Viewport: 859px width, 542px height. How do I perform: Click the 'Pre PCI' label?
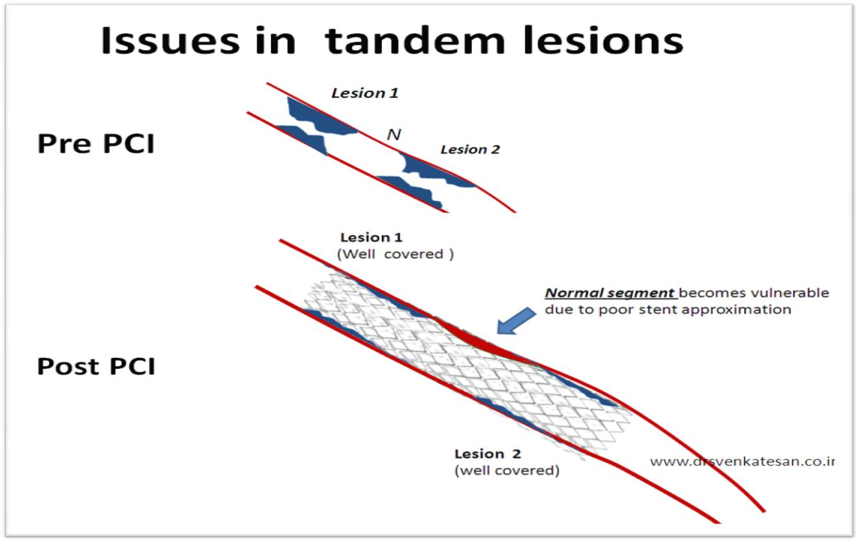(x=96, y=144)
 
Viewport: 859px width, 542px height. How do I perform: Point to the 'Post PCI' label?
(x=96, y=366)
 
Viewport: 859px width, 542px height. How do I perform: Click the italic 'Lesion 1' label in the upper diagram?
(x=364, y=93)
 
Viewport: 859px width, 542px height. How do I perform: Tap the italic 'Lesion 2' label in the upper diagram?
(x=470, y=150)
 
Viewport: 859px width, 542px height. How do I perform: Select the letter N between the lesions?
(x=393, y=135)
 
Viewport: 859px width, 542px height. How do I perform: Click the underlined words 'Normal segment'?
(x=609, y=293)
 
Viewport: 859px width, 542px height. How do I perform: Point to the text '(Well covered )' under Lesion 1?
(x=395, y=254)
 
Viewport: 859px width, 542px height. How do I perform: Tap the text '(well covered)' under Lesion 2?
(x=506, y=471)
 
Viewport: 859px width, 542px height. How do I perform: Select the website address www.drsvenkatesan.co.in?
(x=742, y=462)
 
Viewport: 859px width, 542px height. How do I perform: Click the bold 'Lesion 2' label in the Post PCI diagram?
(x=487, y=454)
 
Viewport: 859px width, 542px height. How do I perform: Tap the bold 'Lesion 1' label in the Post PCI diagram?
(x=371, y=237)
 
